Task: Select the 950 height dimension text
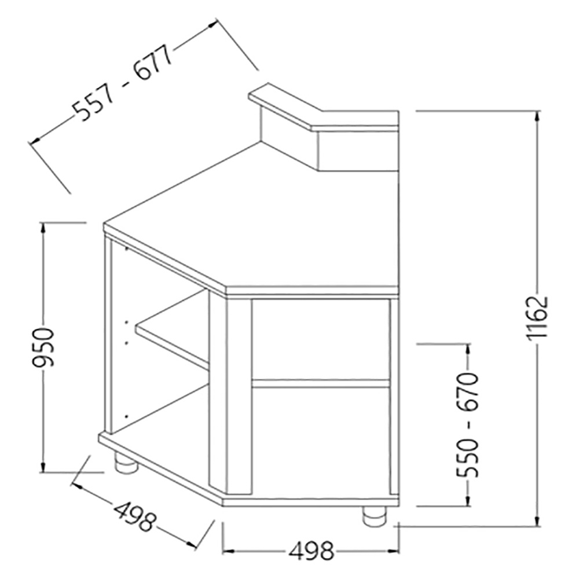pos(43,347)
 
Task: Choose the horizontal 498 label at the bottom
pos(311,551)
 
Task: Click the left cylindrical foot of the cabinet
pos(126,463)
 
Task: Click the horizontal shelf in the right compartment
pos(320,383)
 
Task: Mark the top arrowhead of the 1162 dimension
pos(538,115)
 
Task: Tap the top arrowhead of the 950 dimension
pos(43,228)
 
